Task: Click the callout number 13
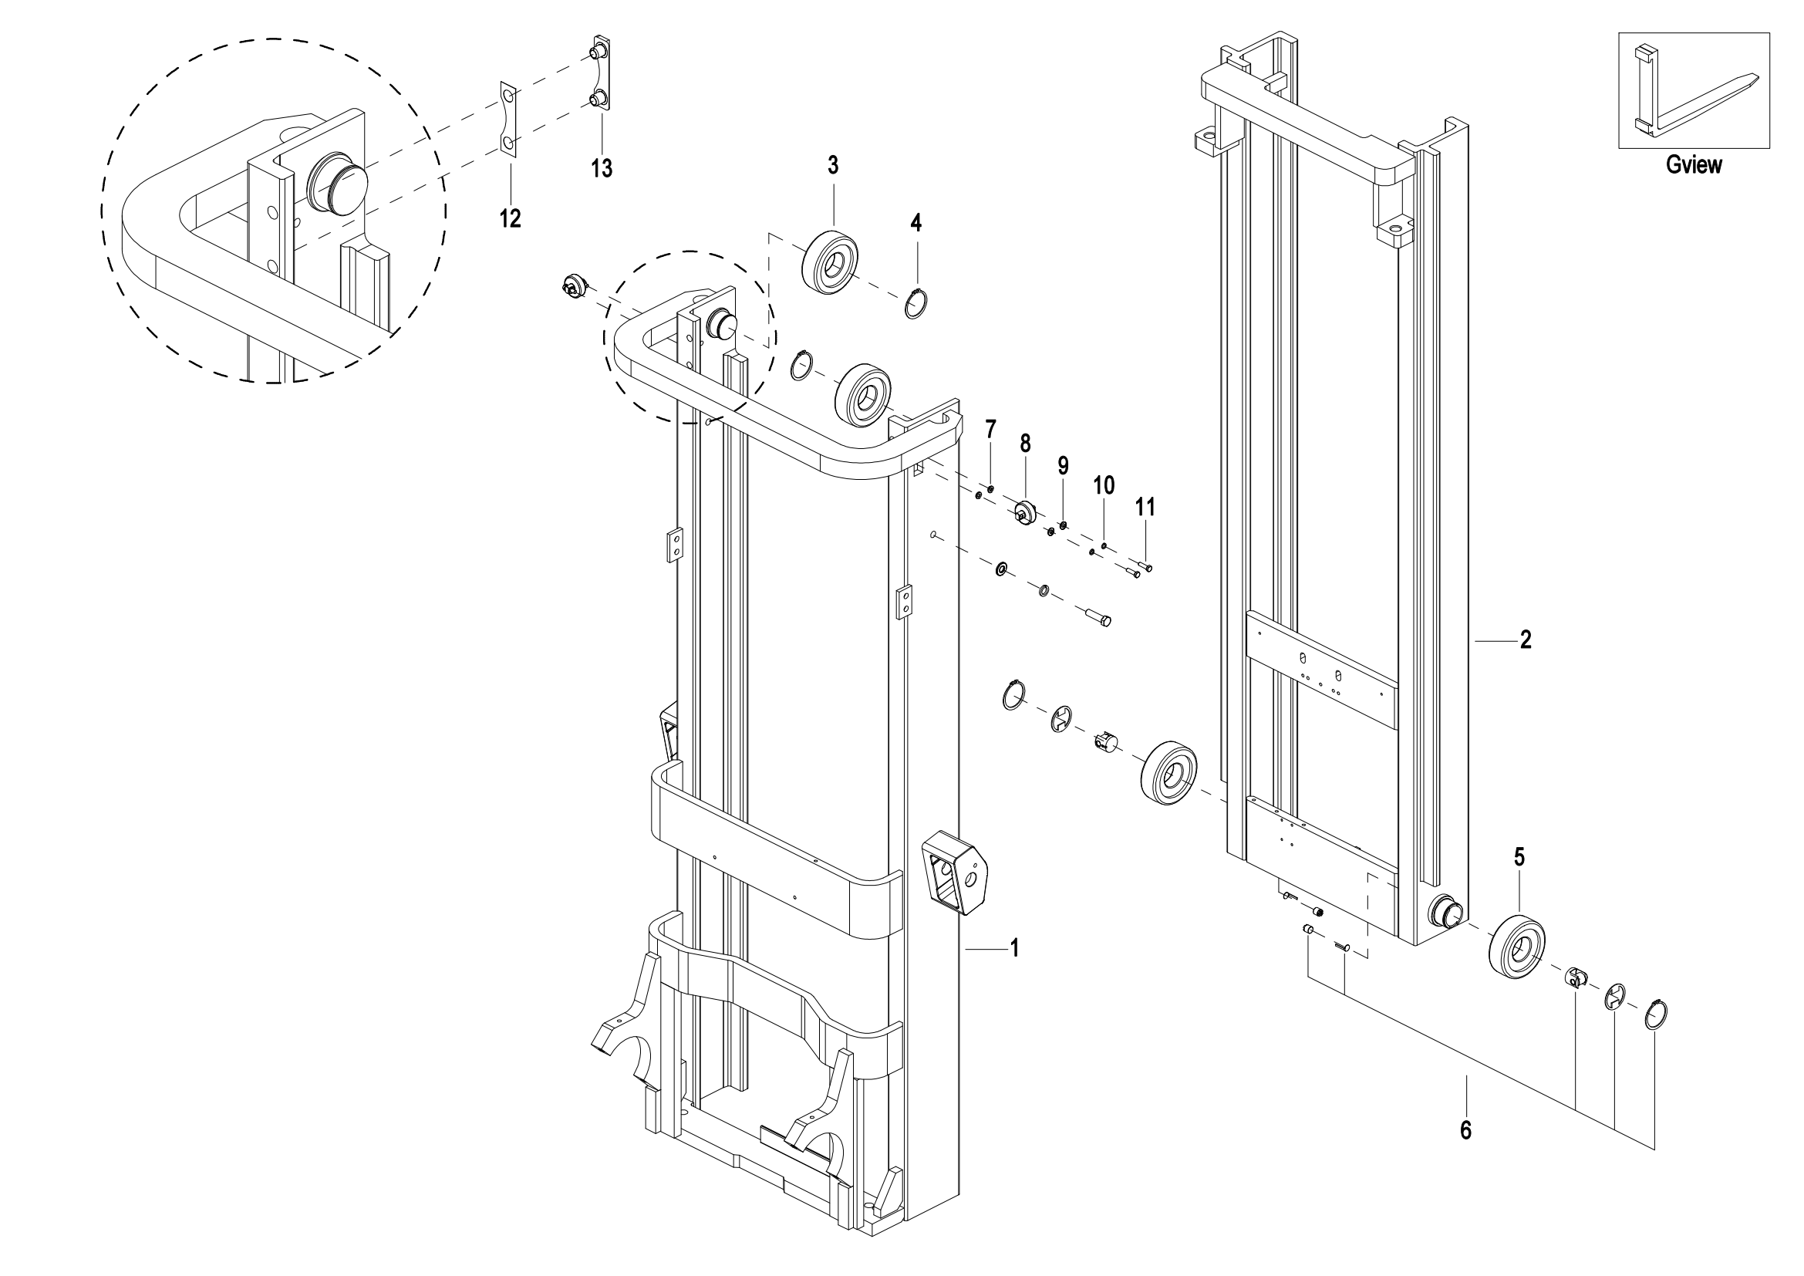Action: [x=602, y=167]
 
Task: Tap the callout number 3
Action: [x=833, y=165]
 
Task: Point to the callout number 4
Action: [x=916, y=222]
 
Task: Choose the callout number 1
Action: [x=1014, y=948]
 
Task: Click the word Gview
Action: [x=1694, y=165]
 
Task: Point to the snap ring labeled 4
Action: [x=916, y=303]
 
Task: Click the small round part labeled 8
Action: [x=1024, y=513]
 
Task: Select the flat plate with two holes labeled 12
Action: [x=509, y=119]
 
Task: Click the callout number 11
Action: [x=1145, y=508]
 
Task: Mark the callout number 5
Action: [x=1519, y=857]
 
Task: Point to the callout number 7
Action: [x=991, y=429]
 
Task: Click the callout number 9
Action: [x=1063, y=466]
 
